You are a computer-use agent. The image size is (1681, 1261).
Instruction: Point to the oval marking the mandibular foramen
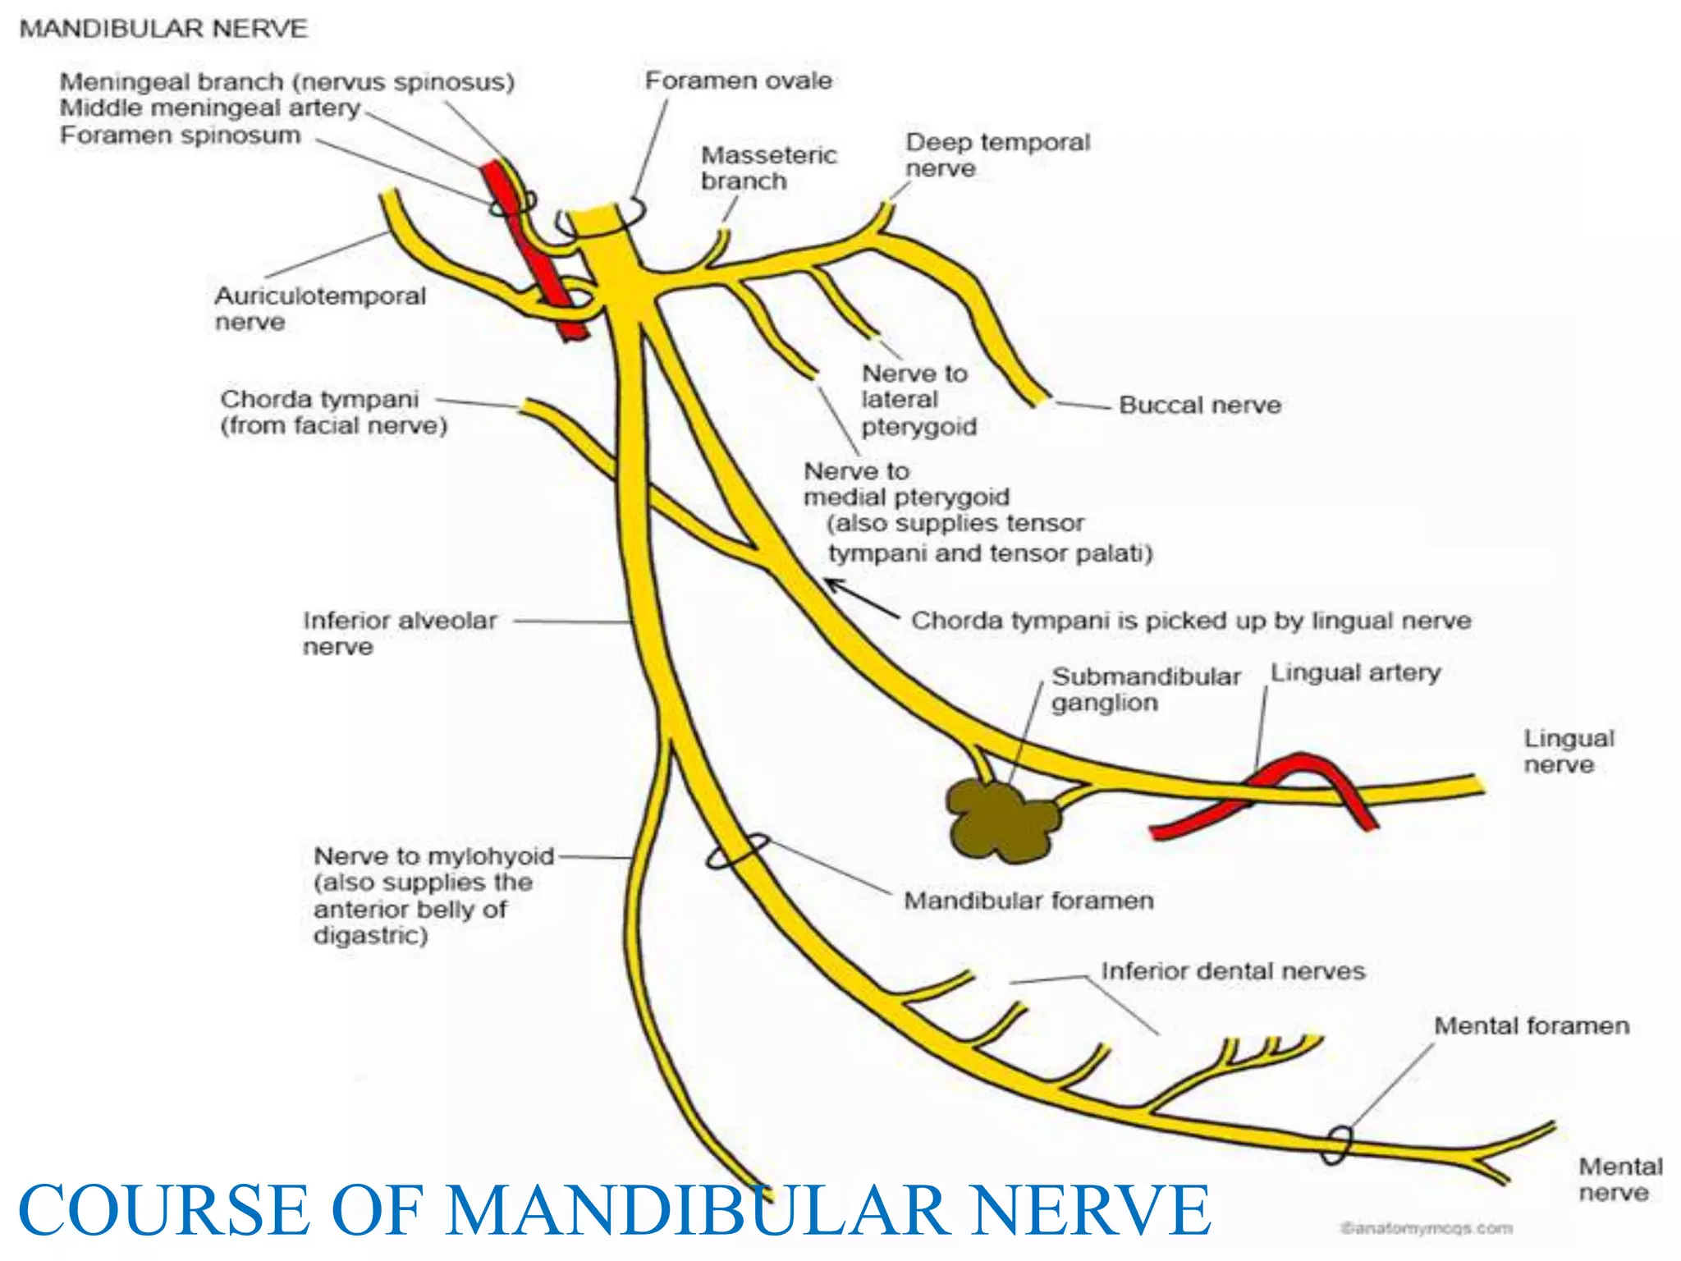pos(738,851)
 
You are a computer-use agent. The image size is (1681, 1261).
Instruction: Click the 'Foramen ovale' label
pos(738,80)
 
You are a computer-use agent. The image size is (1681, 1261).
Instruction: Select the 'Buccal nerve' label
pos(1199,405)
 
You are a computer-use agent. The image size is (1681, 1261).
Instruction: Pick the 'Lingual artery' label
pos(1355,672)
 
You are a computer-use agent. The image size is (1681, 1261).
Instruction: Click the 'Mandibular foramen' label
pos(1028,901)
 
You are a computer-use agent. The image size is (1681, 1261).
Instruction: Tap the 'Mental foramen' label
pos(1531,1025)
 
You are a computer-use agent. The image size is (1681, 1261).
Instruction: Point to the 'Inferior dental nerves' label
pos(1233,971)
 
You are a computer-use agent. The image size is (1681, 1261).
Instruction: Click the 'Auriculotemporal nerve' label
pos(320,308)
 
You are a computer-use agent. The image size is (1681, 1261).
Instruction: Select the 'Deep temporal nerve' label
pos(997,154)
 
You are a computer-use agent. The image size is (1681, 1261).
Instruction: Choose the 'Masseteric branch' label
pos(768,167)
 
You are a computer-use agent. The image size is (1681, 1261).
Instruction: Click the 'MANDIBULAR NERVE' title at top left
pos(163,29)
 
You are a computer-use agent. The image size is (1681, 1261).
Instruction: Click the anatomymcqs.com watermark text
pos(1426,1228)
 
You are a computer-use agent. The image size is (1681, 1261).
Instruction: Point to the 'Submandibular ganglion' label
pos(1146,689)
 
